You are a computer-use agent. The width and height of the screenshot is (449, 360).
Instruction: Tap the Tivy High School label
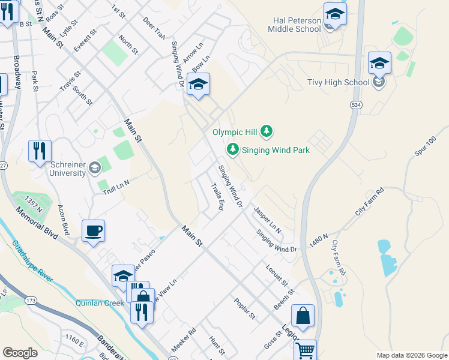[338, 82]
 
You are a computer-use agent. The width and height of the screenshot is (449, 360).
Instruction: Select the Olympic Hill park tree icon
[267, 131]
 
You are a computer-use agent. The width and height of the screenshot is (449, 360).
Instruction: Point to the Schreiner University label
[59, 169]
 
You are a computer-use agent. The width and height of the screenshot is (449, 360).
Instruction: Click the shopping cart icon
[306, 350]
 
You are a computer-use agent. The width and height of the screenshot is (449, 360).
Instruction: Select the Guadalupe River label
[32, 261]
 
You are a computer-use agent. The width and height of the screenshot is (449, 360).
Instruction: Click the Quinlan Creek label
[100, 303]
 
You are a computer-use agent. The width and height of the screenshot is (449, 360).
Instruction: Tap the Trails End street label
[217, 196]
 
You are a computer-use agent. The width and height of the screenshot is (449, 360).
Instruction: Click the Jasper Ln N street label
[268, 220]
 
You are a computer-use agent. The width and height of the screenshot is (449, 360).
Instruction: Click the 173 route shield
[32, 299]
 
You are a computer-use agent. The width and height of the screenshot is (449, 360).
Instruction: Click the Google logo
[20, 353]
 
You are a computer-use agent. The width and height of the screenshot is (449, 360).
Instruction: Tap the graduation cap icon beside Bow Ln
[197, 85]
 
